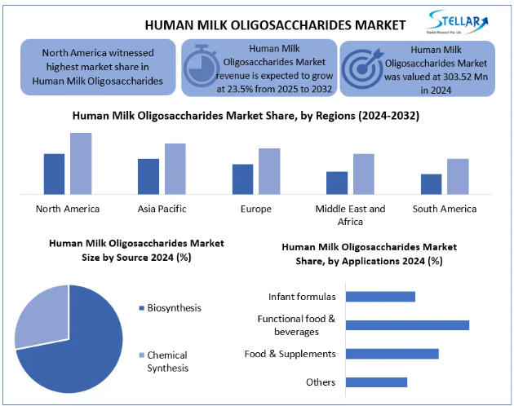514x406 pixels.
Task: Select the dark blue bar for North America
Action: coord(54,174)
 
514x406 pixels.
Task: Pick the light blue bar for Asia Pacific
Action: coord(175,169)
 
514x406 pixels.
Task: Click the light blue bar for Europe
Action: coord(269,171)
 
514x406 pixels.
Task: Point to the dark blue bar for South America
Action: coord(432,183)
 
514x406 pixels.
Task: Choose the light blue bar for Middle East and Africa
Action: coord(363,174)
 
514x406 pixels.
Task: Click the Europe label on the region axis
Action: coord(256,209)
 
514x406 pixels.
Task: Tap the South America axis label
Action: coord(444,209)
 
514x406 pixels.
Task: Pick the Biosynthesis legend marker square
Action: coord(141,308)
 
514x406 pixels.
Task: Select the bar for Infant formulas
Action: coord(380,296)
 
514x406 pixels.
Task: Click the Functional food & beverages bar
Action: coord(407,324)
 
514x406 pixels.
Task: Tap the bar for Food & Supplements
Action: coord(392,353)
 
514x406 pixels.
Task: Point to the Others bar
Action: coord(376,382)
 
